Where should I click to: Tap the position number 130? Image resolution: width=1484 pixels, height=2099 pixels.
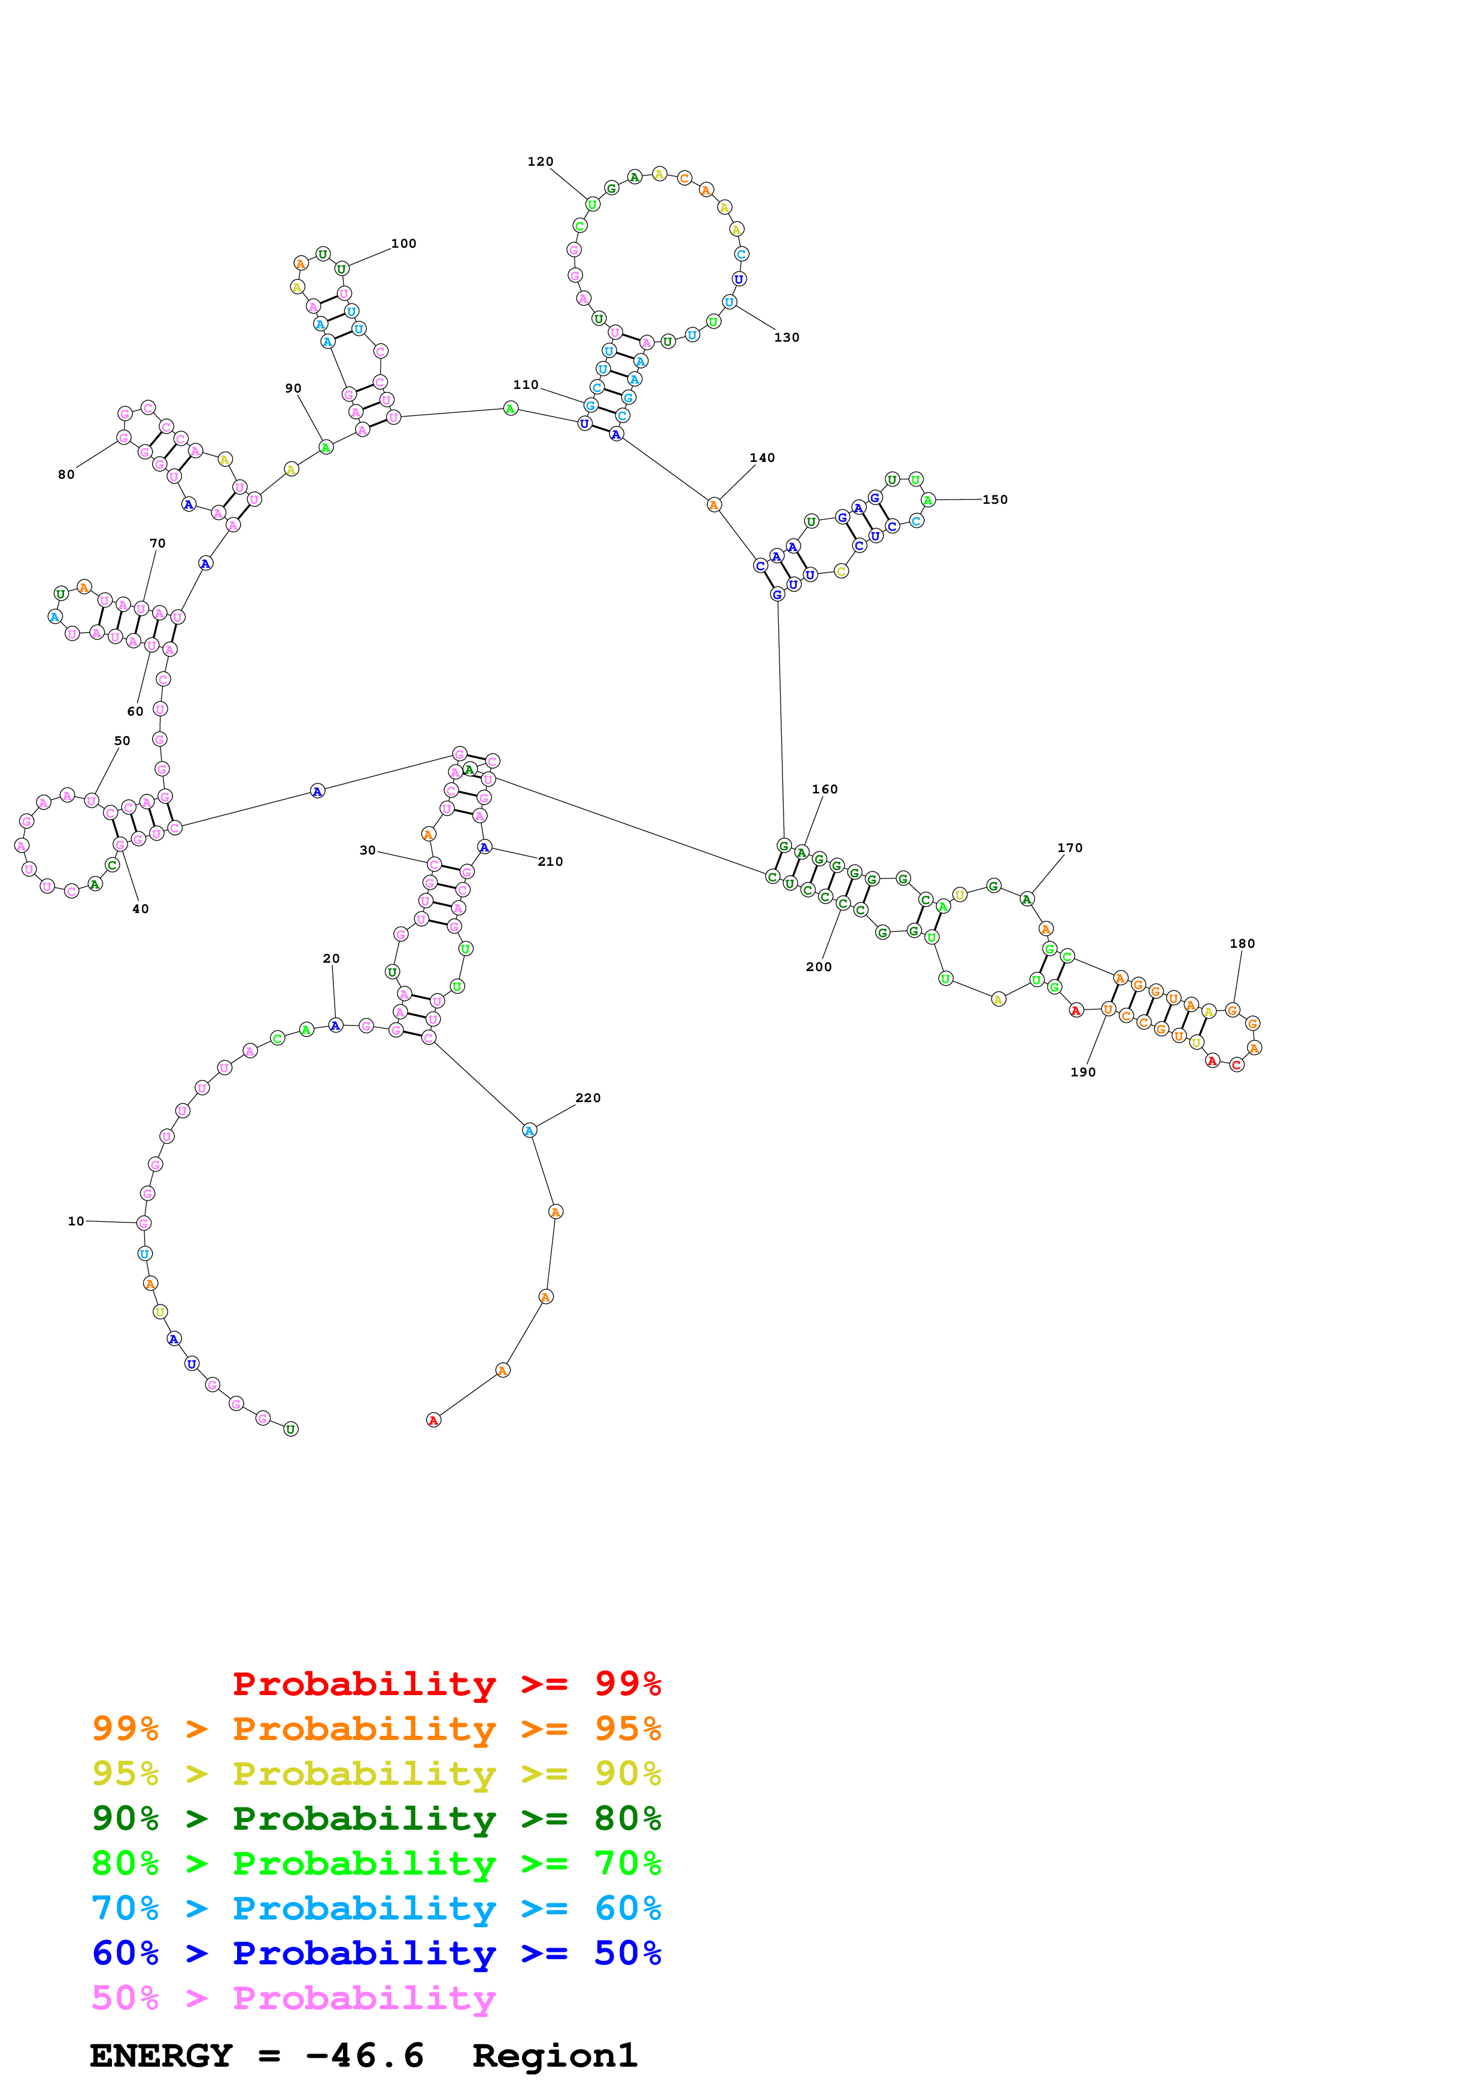787,337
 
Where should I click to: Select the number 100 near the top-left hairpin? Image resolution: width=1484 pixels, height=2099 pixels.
403,243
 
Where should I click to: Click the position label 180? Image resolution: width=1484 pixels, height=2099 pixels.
1242,944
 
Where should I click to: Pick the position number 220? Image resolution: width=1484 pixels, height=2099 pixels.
588,1098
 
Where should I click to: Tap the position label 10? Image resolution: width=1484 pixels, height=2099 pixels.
76,1221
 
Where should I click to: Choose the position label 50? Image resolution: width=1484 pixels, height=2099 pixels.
122,741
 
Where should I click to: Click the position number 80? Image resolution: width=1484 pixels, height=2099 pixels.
66,474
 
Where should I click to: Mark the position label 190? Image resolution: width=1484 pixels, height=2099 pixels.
1082,1072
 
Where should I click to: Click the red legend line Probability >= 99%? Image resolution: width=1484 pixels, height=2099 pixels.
446,1683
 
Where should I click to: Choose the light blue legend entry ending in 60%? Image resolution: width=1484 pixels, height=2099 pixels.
376,1908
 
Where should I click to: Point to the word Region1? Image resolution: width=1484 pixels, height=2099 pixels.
554,2055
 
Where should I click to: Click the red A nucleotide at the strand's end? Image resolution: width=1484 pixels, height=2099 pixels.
433,1420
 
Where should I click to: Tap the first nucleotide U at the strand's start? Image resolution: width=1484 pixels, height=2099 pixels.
291,1429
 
